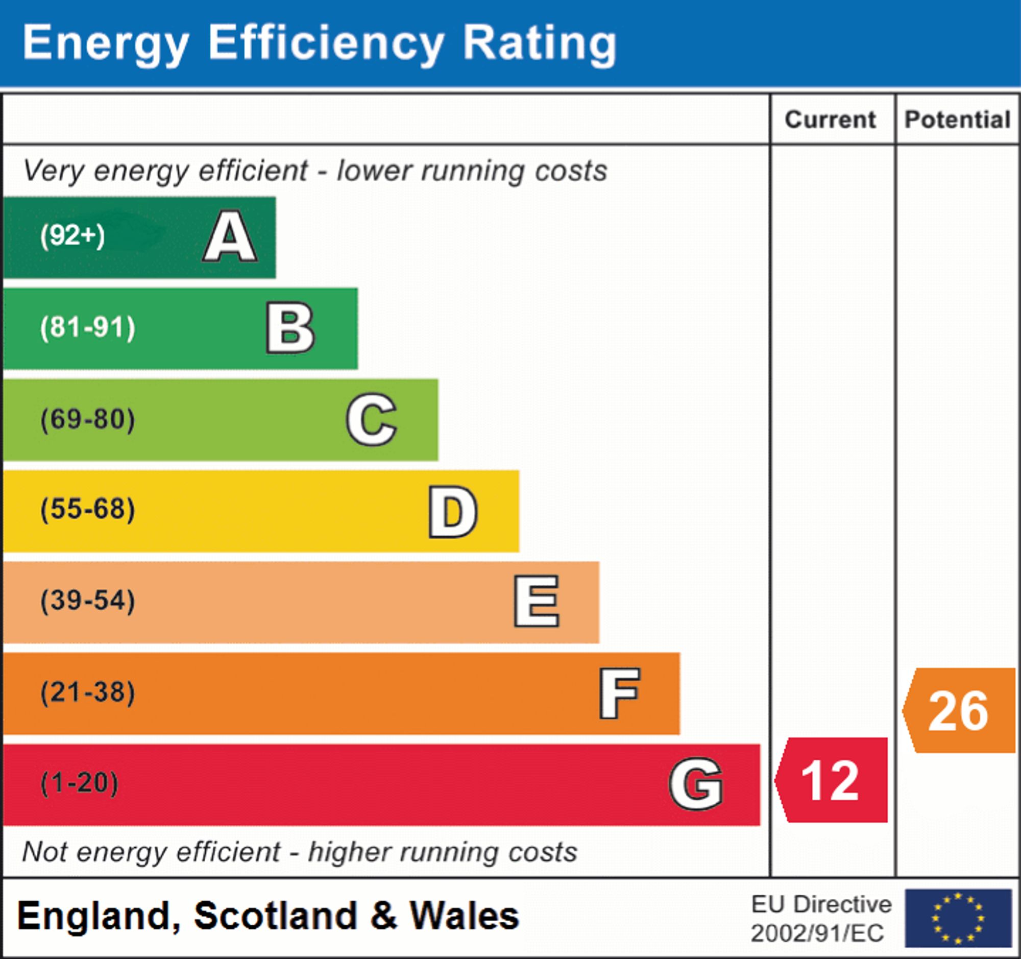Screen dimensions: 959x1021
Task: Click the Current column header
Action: pos(830,119)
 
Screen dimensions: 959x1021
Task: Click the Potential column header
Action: pos(957,119)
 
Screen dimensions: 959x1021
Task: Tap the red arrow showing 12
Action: pos(832,780)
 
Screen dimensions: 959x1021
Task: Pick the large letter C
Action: pos(371,419)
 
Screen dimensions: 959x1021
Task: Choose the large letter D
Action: pos(453,511)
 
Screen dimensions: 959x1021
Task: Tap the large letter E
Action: pos(536,601)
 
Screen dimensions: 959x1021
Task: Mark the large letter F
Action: pos(619,693)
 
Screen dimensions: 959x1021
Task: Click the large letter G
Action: pos(696,784)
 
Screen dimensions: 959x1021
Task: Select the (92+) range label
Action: pos(72,236)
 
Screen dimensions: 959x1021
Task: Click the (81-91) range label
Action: pos(88,328)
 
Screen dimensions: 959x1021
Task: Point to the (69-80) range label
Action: pos(88,419)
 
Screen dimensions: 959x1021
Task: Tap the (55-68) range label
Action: pos(88,510)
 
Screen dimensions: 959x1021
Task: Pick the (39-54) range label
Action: pos(88,601)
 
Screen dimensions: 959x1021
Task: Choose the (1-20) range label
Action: pos(79,783)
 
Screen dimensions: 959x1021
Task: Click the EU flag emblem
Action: pos(958,918)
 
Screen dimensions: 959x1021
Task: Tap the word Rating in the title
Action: pos(539,44)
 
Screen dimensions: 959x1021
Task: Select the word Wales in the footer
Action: pos(464,916)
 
